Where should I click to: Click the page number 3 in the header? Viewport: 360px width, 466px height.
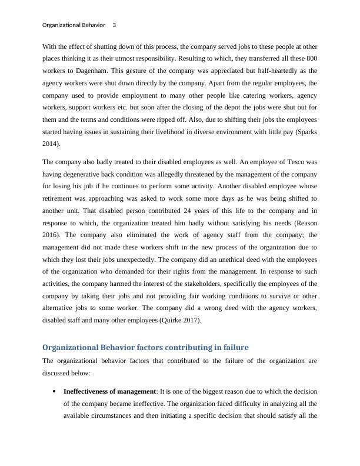point(114,25)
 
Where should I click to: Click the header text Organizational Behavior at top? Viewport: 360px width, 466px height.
point(74,25)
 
